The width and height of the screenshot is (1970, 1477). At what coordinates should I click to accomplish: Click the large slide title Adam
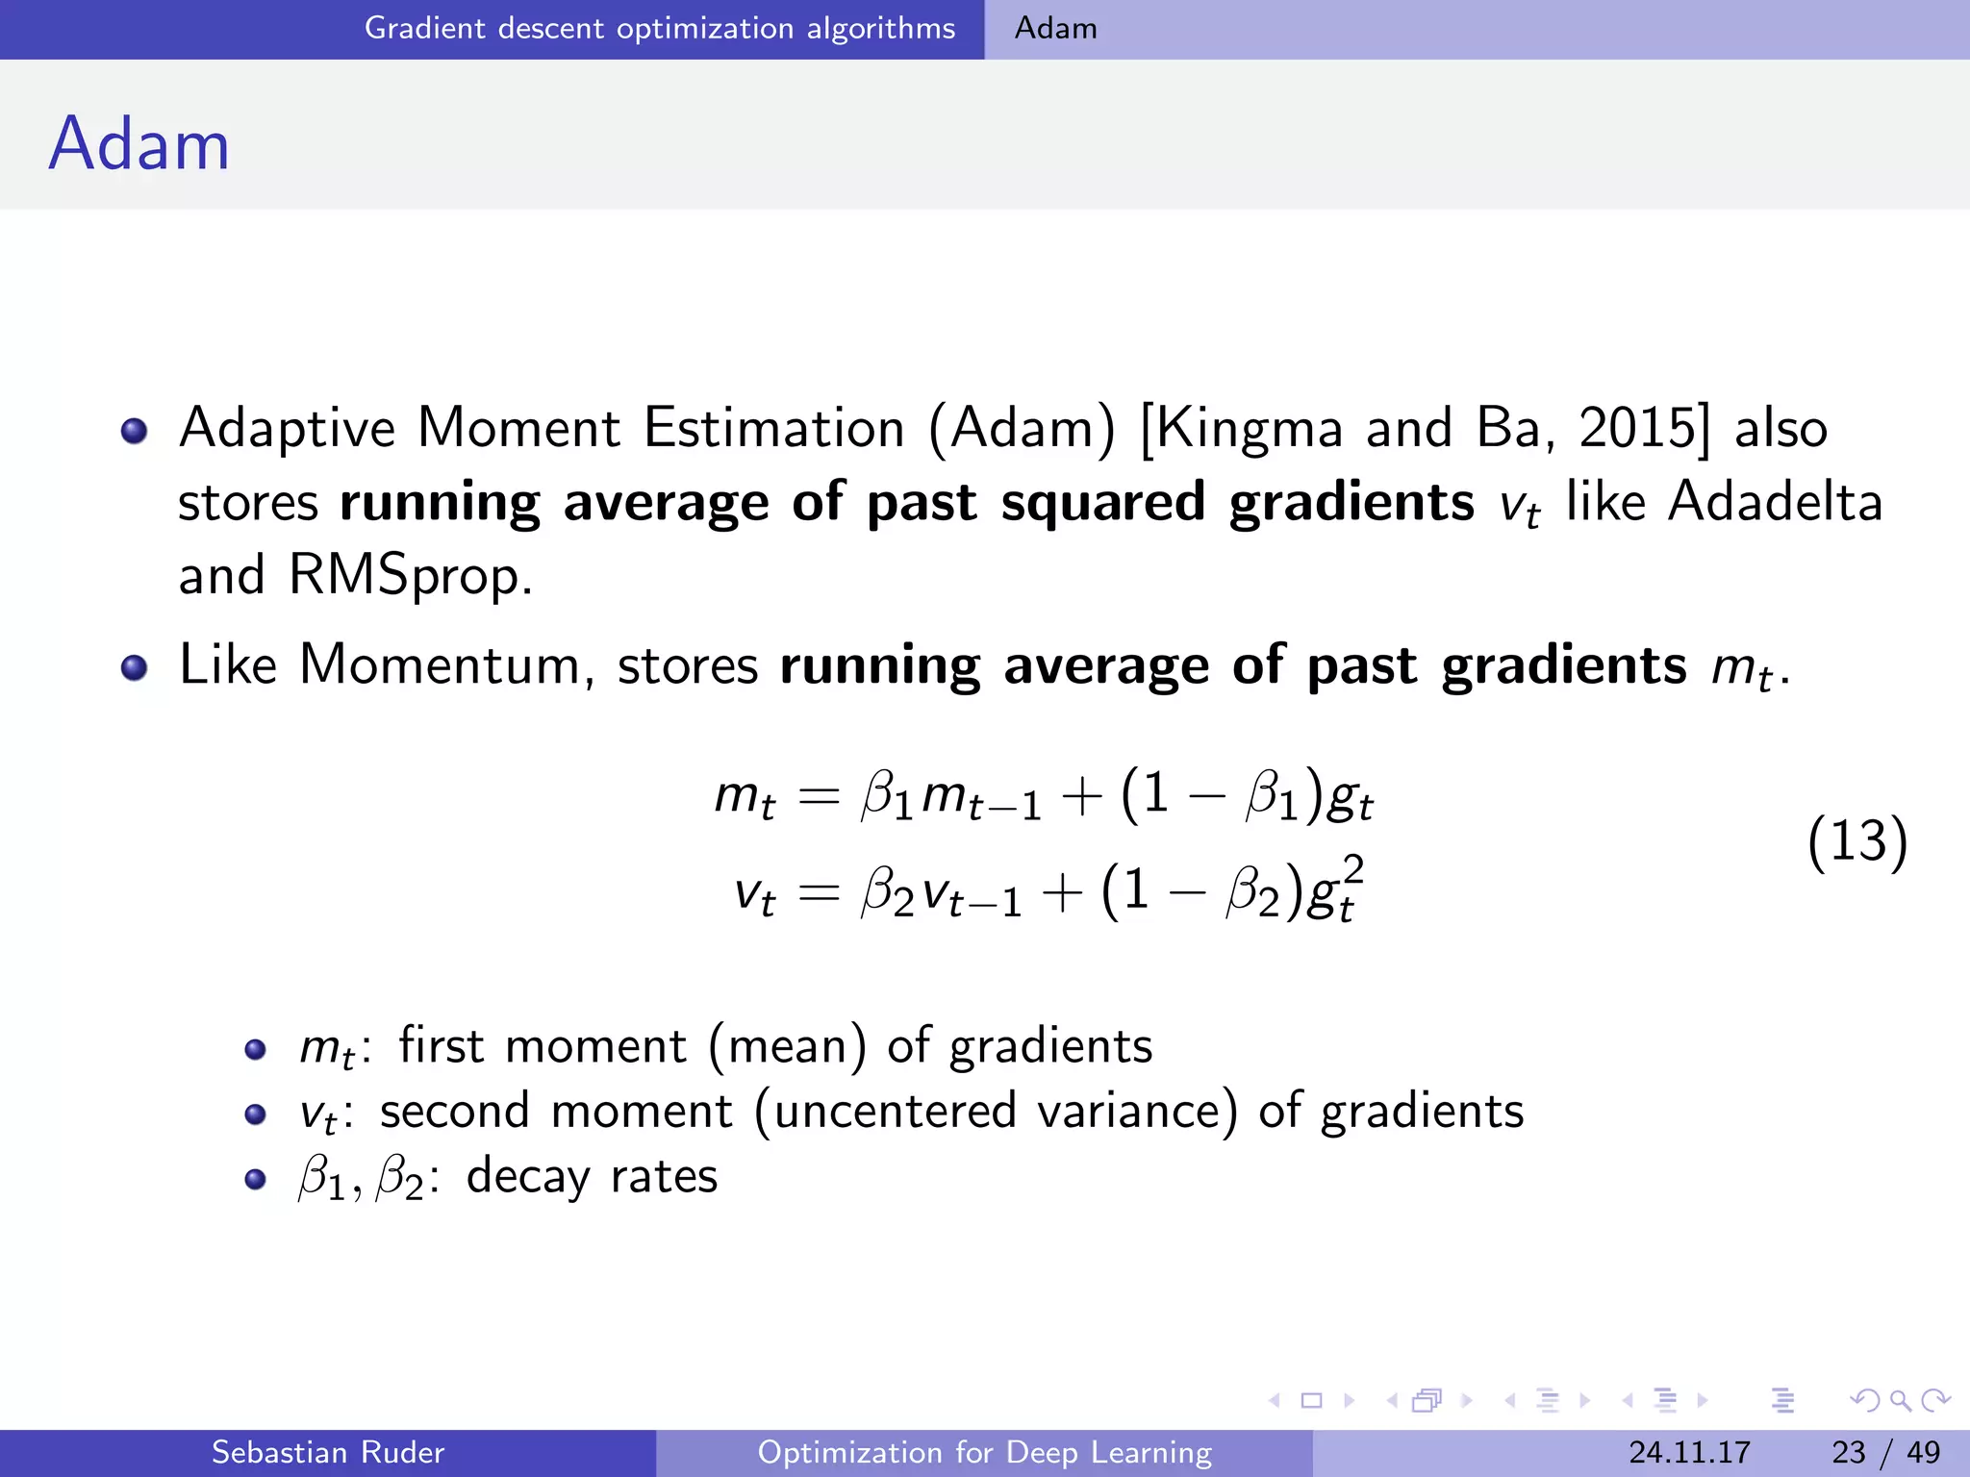point(139,144)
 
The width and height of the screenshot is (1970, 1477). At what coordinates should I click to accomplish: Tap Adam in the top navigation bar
point(1055,28)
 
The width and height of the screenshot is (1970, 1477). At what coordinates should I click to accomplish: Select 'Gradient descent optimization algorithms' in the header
point(660,28)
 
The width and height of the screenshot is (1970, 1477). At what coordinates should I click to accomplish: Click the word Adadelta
point(1775,501)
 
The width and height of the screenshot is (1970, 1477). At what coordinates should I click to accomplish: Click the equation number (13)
point(1856,841)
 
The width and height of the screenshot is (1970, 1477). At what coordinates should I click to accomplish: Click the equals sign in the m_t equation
point(819,796)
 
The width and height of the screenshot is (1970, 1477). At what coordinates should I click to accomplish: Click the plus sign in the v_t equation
point(1062,892)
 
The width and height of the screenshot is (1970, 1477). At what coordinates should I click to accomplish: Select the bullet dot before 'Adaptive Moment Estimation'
point(134,430)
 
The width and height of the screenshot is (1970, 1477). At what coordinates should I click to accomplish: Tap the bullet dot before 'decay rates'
point(255,1179)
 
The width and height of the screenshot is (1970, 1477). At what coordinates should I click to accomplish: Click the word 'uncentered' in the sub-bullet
point(895,1112)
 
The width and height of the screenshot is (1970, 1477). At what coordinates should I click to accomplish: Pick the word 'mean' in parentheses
point(787,1046)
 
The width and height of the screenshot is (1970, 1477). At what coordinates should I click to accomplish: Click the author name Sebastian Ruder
point(327,1452)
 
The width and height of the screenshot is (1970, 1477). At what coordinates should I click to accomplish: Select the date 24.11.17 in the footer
point(1689,1452)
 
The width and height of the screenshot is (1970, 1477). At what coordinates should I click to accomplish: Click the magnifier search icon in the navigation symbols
point(1899,1400)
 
